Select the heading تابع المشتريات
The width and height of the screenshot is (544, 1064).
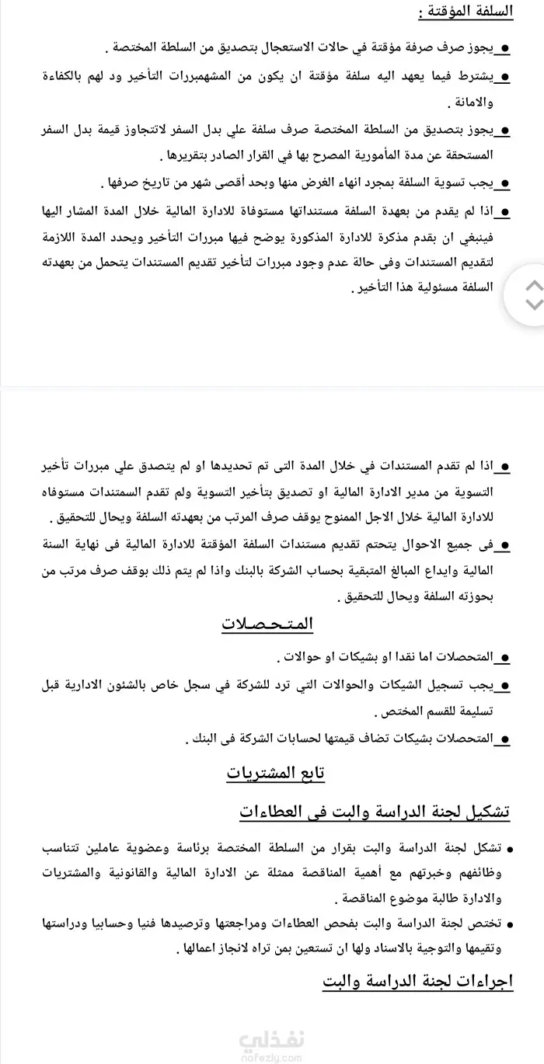pos(276,773)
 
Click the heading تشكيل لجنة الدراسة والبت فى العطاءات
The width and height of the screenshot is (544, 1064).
pos(375,812)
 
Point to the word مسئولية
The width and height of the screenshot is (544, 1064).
pos(417,287)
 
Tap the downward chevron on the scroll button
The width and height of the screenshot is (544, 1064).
pos(535,304)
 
